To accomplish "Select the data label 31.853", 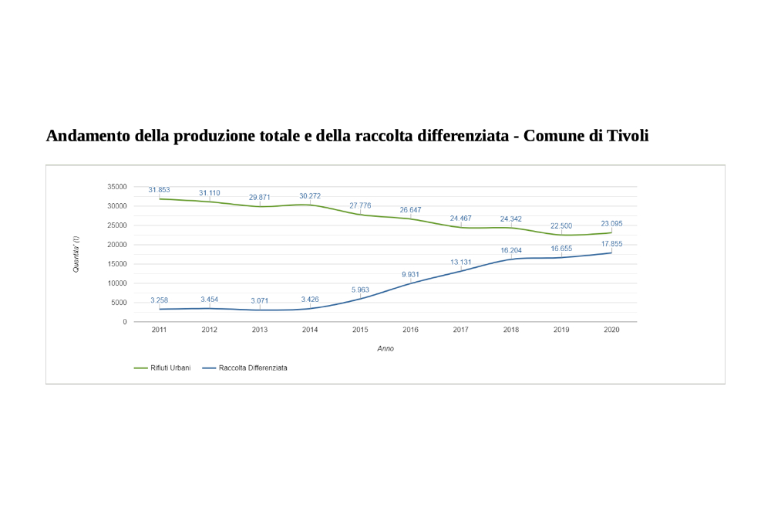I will tap(159, 190).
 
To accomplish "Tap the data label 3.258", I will tap(159, 300).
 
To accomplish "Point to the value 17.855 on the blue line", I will tap(611, 244).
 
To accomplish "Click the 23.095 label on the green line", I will tap(611, 224).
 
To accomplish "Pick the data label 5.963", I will tap(360, 290).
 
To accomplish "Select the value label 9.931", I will tap(410, 274).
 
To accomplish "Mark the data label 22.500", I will tap(561, 225).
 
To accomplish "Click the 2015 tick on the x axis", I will tap(360, 330).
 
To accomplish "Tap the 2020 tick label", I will tap(611, 330).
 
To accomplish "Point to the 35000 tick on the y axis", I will tap(117, 187).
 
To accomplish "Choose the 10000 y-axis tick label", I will tap(117, 283).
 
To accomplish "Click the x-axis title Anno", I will tap(385, 349).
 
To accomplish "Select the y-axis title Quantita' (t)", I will tap(76, 254).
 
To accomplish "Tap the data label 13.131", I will tap(461, 262).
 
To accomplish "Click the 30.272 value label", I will tap(310, 196).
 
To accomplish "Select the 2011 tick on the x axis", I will tap(159, 330).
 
